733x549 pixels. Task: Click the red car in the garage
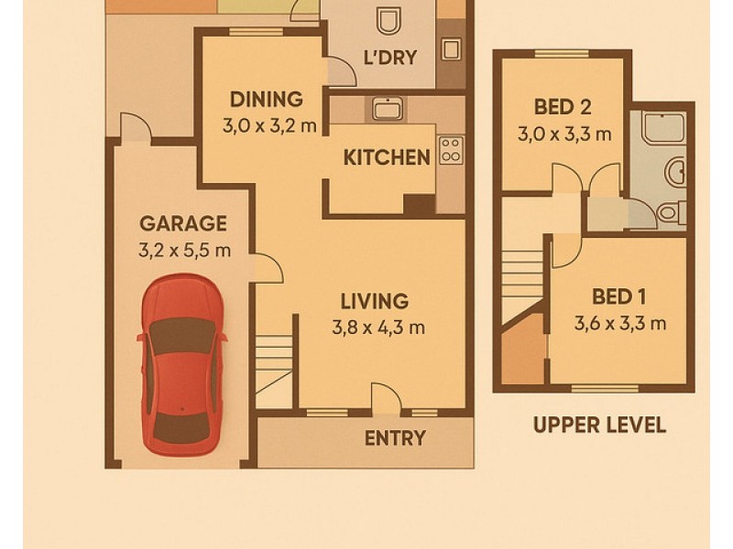(181, 366)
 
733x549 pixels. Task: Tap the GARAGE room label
(182, 223)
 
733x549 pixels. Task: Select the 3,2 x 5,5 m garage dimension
(183, 250)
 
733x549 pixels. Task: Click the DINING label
(266, 99)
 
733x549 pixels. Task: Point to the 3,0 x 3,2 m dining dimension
(269, 125)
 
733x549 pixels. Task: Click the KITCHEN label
(387, 157)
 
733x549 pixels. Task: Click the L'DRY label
(390, 58)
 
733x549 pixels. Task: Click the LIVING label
(374, 301)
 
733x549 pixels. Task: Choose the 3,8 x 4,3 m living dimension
(377, 328)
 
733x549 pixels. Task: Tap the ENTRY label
(395, 438)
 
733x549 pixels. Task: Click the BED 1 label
(619, 296)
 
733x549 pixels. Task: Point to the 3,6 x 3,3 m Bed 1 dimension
(619, 322)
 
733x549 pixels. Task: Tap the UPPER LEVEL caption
(599, 425)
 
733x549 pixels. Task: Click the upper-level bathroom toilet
(669, 212)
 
